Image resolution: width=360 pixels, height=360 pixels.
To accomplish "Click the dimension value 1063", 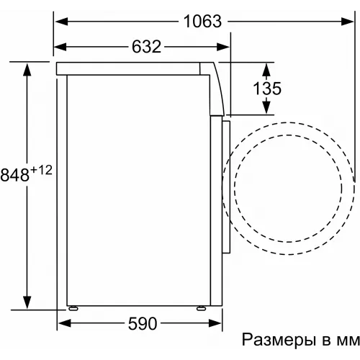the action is click(x=202, y=22).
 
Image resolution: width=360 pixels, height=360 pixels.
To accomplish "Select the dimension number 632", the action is click(x=146, y=47).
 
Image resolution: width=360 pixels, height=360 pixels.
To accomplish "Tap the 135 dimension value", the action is click(x=267, y=89).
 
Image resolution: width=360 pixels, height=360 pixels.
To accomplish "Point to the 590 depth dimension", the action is click(x=143, y=324).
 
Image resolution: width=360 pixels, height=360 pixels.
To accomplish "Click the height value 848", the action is click(x=14, y=175).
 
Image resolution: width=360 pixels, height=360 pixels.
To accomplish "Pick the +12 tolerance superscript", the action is click(x=41, y=171).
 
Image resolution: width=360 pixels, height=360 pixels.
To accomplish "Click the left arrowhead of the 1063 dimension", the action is click(x=61, y=22).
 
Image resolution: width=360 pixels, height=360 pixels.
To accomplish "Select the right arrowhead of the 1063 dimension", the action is click(x=347, y=22).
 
